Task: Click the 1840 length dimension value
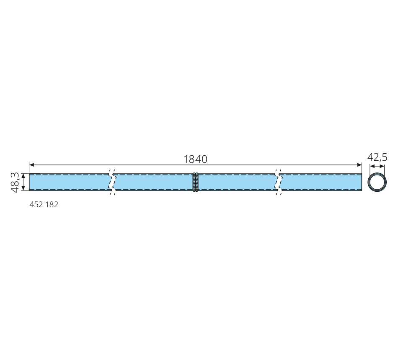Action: point(195,159)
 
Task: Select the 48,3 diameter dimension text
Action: point(15,182)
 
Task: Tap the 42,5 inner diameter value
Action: point(377,157)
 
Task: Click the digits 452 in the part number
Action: point(36,204)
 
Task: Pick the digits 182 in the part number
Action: point(52,204)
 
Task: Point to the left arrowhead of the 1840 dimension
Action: point(32,165)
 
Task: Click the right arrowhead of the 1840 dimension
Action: point(359,165)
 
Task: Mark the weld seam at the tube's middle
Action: point(195,182)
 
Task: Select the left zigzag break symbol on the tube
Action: point(112,182)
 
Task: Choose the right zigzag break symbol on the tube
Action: point(279,182)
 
